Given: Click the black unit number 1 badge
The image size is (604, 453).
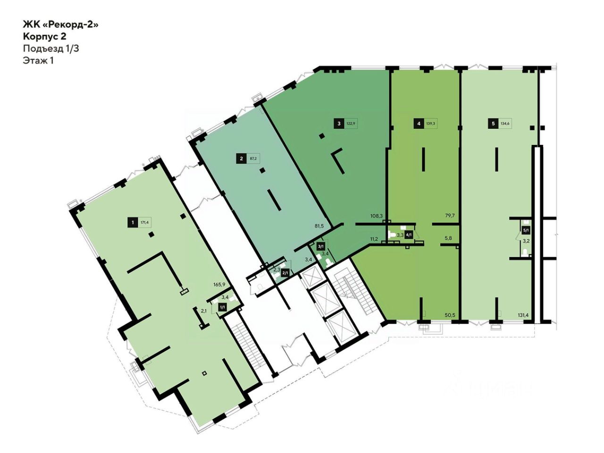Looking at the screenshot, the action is [133, 222].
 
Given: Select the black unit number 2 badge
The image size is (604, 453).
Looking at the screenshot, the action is [241, 159].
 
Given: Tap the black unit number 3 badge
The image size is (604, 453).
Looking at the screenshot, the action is [338, 124].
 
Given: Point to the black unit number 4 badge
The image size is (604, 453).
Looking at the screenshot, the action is [418, 124].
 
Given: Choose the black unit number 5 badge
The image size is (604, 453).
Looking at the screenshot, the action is [493, 124].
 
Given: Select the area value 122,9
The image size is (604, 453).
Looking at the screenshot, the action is [351, 124].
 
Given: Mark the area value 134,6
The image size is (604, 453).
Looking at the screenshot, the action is [505, 124].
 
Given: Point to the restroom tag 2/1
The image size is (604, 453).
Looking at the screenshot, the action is [285, 273].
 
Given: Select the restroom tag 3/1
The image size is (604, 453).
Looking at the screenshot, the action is [321, 246].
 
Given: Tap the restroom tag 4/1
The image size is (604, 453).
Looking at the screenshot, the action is [409, 235].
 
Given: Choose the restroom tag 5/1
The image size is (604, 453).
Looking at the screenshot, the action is [526, 231].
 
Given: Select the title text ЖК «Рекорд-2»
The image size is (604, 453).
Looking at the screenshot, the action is [61, 24].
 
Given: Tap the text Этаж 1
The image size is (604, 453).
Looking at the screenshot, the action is [38, 60].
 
